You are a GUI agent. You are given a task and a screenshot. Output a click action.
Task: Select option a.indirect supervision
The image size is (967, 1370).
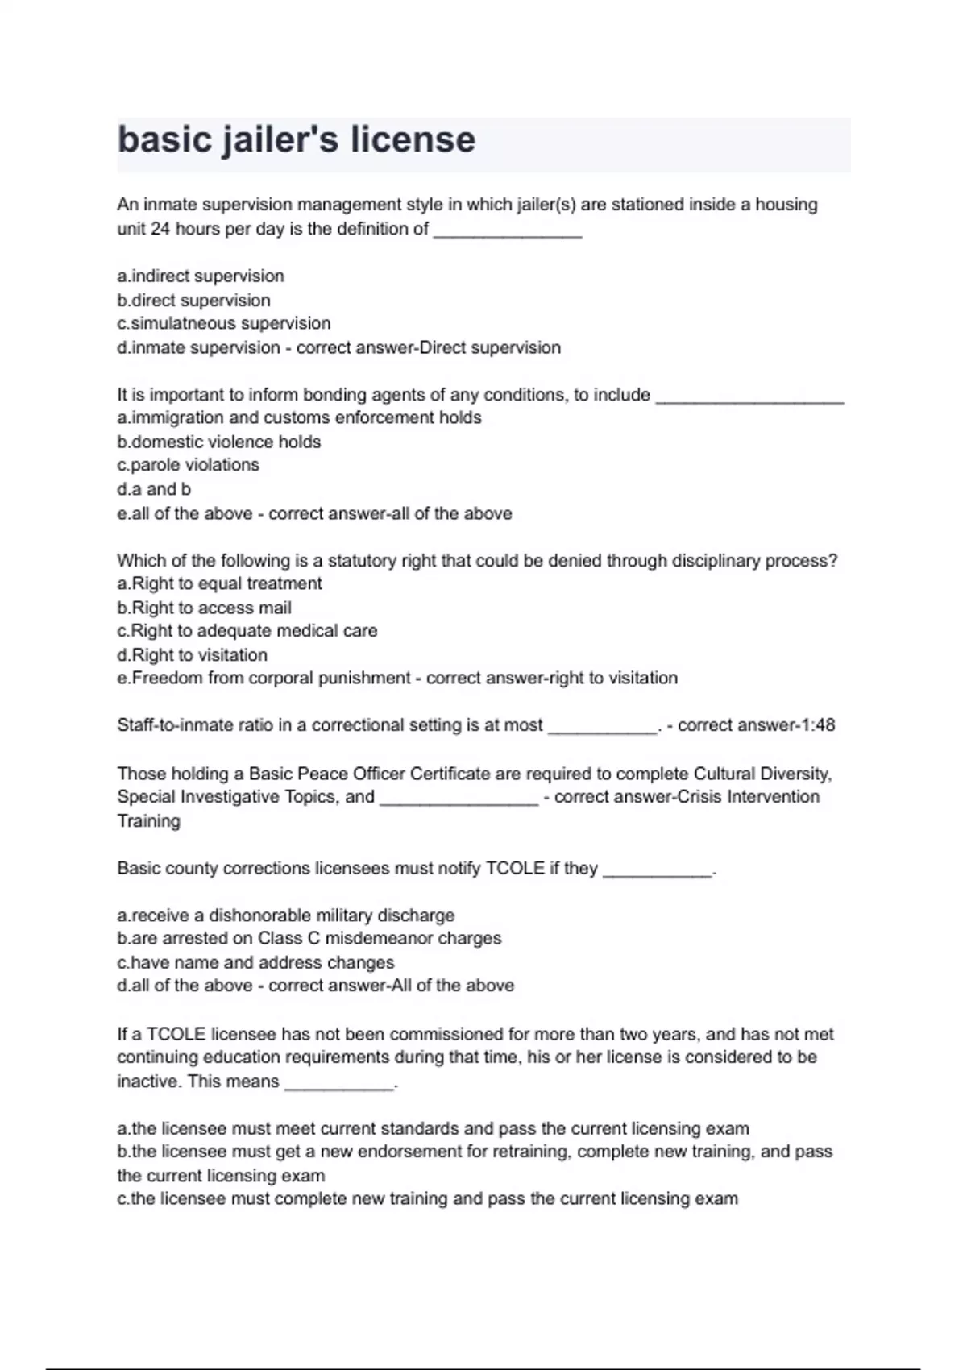(201, 276)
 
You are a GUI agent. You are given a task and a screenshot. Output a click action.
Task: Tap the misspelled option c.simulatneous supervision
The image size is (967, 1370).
(224, 323)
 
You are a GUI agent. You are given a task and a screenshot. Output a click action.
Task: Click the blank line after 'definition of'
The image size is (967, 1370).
(508, 232)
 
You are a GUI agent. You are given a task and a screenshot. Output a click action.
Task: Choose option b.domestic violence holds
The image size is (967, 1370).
(219, 442)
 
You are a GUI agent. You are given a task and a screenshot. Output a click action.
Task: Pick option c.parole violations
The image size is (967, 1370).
(189, 465)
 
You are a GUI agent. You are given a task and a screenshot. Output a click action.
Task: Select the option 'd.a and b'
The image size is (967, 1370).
(154, 489)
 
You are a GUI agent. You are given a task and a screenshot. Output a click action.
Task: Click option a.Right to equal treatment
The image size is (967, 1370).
(219, 583)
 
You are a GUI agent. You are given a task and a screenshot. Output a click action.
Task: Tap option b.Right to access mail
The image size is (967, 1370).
(204, 608)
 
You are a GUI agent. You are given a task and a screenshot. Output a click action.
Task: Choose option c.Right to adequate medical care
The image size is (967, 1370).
(247, 631)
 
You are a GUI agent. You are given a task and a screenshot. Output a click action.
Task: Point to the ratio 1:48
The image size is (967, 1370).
(818, 725)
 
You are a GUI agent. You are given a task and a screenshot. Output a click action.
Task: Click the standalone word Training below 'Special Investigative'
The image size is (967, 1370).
(149, 821)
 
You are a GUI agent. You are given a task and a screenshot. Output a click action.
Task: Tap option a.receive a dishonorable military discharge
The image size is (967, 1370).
(286, 915)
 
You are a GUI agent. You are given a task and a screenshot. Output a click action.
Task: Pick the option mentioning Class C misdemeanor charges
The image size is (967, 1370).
(309, 939)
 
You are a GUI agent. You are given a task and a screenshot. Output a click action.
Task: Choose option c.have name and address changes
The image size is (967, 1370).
(255, 962)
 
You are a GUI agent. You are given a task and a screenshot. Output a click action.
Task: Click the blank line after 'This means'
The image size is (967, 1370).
(339, 1085)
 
